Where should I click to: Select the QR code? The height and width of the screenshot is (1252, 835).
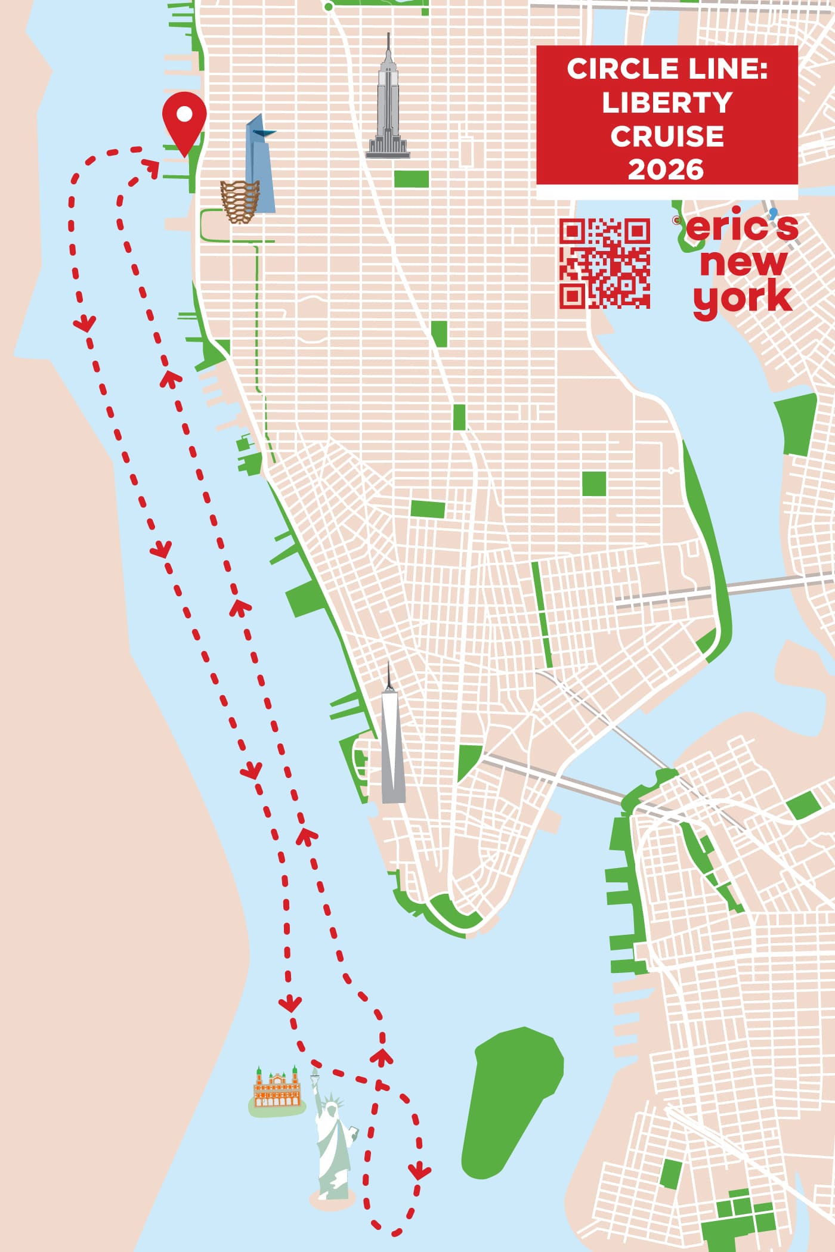click(x=604, y=263)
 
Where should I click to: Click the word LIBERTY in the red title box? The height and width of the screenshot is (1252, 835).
click(x=667, y=103)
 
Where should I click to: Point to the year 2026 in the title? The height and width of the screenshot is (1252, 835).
click(x=666, y=170)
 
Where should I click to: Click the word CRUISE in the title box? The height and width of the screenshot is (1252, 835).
click(x=667, y=137)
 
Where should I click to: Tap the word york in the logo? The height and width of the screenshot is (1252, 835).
click(x=743, y=298)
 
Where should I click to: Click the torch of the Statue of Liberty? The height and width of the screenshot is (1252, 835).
click(x=315, y=1074)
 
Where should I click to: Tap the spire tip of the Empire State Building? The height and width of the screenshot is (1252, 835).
click(x=388, y=36)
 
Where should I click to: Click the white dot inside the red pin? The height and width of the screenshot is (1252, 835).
click(x=184, y=113)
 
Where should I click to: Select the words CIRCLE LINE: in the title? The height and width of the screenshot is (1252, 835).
click(x=667, y=69)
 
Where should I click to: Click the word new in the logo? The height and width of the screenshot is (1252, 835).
click(x=743, y=263)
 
